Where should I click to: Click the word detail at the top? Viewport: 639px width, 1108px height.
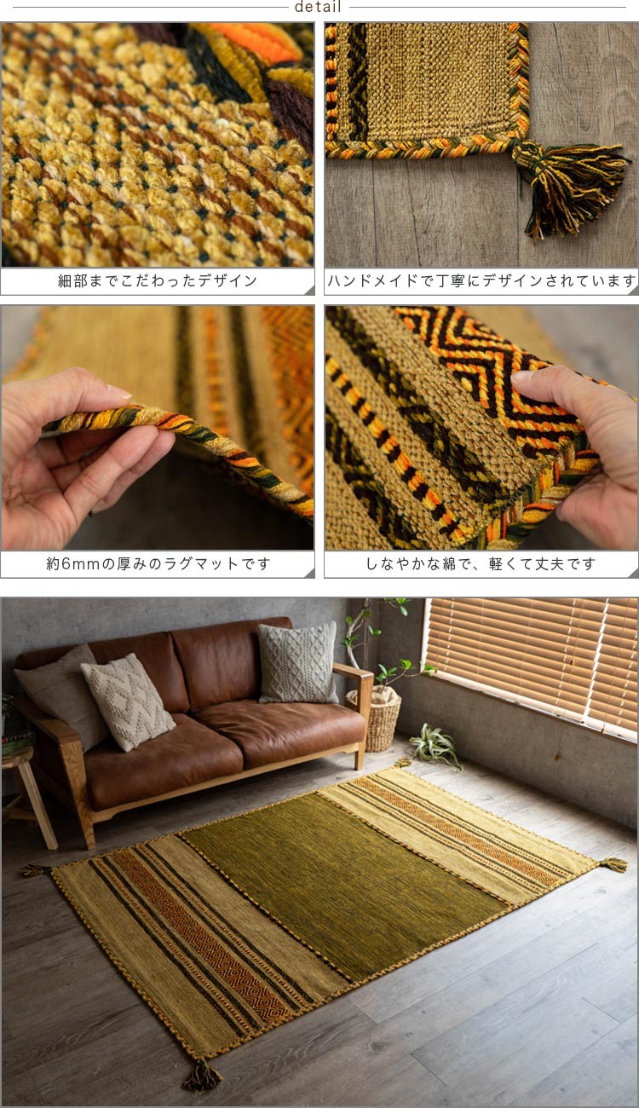318,8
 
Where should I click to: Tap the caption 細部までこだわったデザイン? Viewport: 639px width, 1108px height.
157,280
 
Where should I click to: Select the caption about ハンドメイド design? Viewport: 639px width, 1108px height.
481,280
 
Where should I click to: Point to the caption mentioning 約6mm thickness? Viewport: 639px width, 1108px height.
157,564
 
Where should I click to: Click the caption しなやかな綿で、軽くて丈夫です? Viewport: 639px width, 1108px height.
481,564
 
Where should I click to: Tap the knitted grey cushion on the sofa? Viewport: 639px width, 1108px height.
297,663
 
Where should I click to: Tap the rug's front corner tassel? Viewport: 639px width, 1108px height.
203,1076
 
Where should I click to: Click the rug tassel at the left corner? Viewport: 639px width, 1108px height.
35,870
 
